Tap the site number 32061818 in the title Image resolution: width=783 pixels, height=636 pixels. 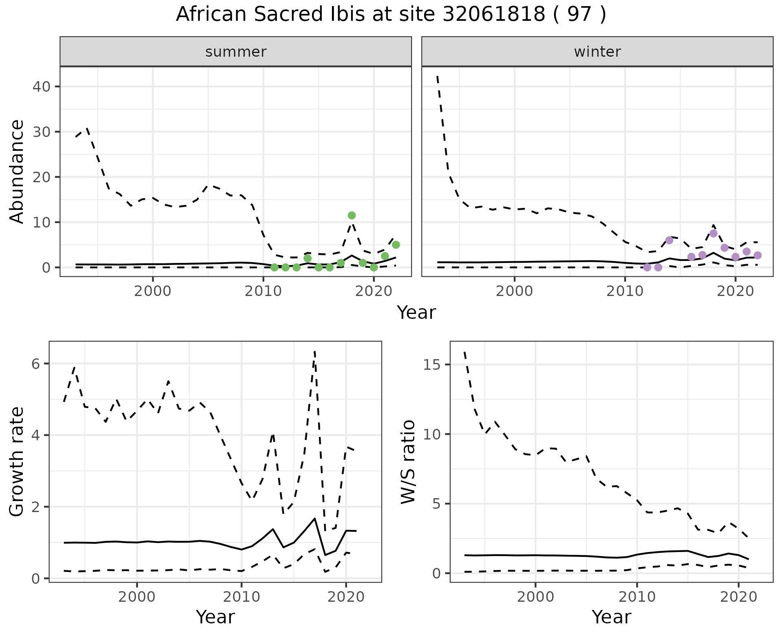pos(493,15)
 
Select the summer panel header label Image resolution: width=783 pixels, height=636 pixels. pos(236,52)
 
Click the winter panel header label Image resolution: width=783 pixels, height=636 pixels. pos(597,52)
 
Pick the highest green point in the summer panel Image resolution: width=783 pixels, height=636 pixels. pos(352,215)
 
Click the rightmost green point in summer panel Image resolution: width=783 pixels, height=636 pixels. pos(396,245)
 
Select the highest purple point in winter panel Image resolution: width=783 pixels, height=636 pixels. pos(713,234)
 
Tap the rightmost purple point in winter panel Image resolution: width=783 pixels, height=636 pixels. pos(757,255)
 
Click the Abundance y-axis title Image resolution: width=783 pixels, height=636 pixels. pos(17,171)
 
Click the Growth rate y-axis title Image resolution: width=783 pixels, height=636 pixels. pos(17,462)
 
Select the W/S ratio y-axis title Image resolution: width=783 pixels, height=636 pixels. pos(408,462)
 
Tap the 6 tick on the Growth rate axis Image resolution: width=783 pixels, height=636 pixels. pos(36,364)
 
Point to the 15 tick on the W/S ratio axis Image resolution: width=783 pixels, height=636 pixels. pos(432,364)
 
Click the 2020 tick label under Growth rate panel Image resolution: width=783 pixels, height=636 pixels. pos(346,597)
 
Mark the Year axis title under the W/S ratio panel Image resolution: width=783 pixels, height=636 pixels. pos(611,617)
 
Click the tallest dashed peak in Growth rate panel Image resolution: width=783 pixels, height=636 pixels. pos(315,351)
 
